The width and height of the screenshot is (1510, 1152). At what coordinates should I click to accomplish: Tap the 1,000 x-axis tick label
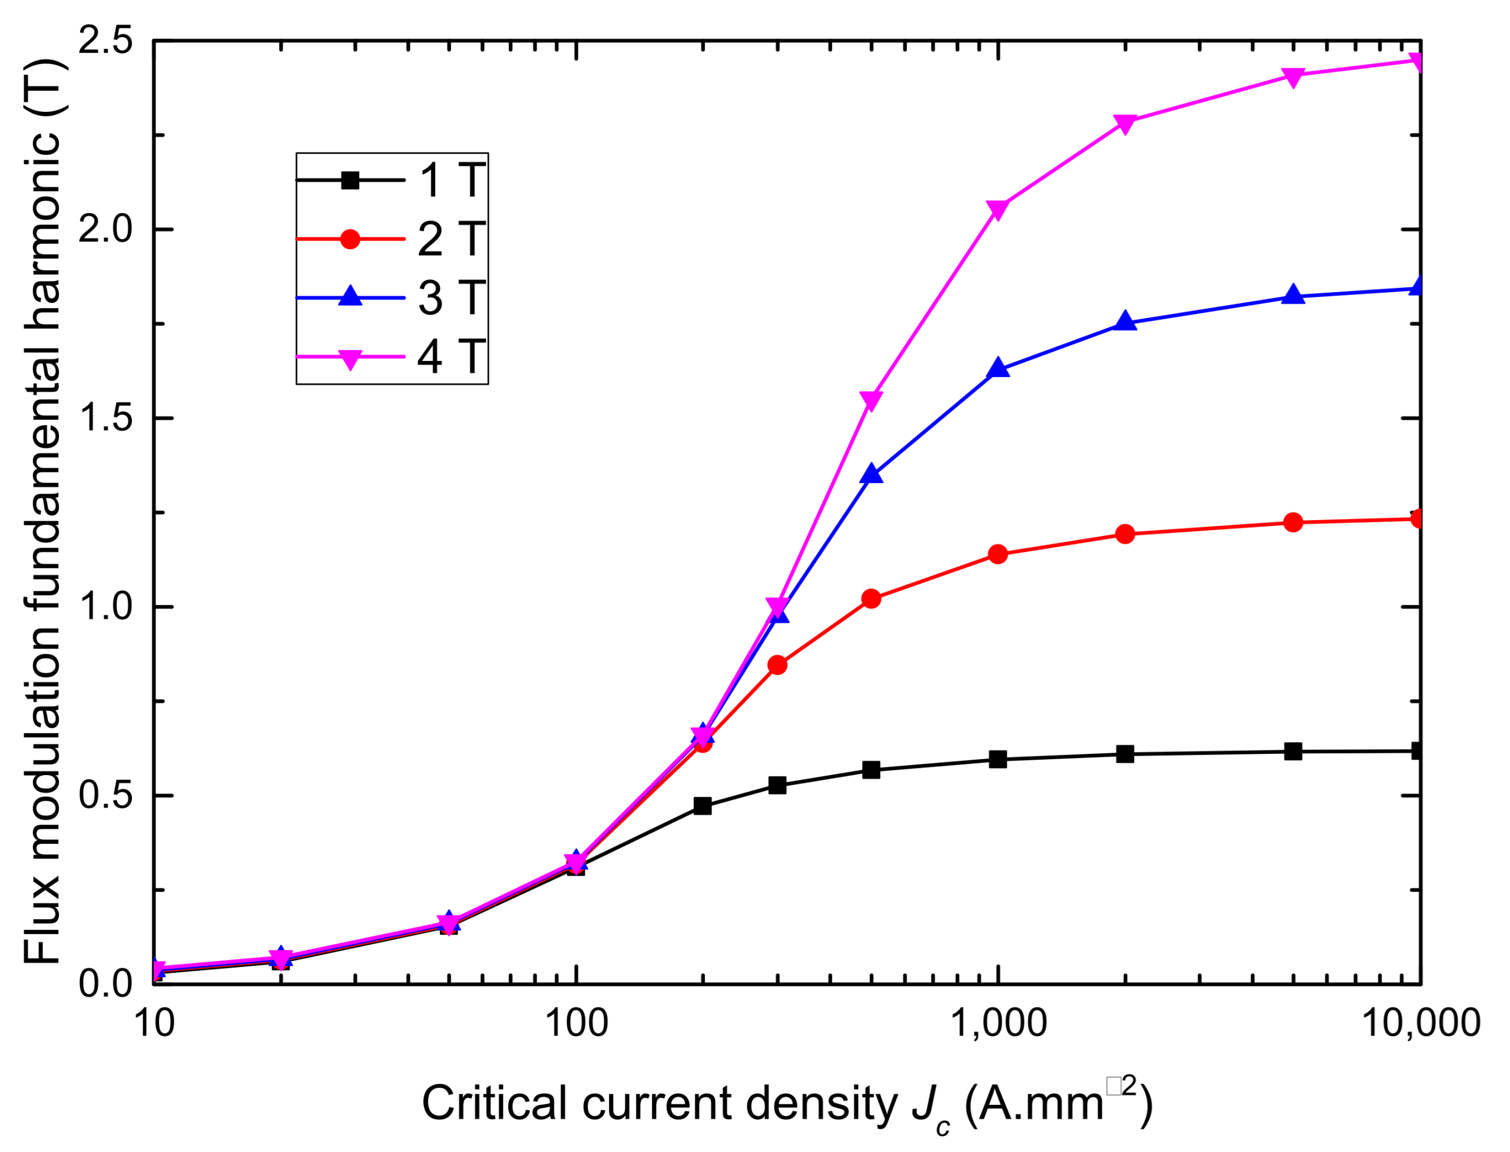[998, 1023]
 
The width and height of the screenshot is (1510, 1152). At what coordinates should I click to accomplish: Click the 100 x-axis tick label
[576, 1023]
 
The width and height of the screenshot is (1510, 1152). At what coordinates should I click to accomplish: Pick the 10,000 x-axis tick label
[1419, 1023]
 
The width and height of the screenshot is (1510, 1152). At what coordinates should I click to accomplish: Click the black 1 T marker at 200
[702, 806]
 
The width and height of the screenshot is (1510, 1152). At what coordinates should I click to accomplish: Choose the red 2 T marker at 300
[777, 665]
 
